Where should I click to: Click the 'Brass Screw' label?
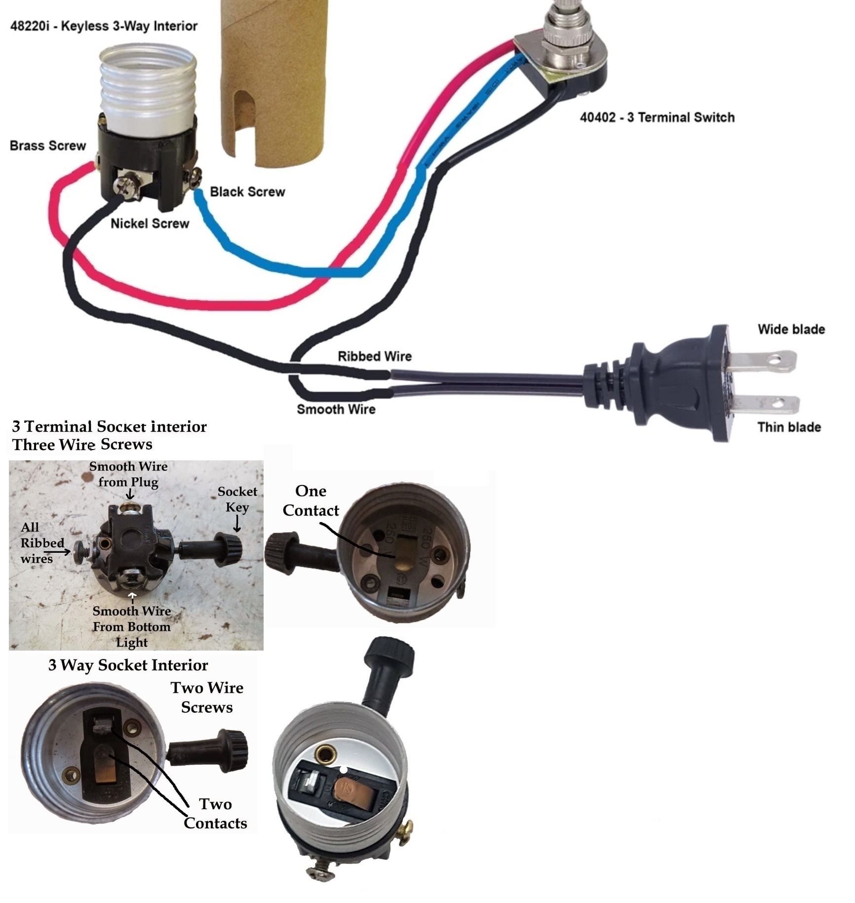(x=47, y=146)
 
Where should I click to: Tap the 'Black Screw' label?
(x=247, y=192)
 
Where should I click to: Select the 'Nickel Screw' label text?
(x=150, y=224)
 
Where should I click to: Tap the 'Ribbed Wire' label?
(x=374, y=356)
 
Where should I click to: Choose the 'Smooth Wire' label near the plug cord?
(x=336, y=409)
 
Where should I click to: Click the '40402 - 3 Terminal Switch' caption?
(x=657, y=118)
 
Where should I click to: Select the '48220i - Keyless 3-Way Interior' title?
(x=104, y=26)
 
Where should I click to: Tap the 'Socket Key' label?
(x=237, y=499)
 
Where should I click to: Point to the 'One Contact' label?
(x=311, y=500)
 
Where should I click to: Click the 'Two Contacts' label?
(x=215, y=814)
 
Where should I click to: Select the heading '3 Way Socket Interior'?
(x=128, y=665)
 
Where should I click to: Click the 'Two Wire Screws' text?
(x=207, y=698)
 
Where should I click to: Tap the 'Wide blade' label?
(x=791, y=329)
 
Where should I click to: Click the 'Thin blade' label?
(x=789, y=427)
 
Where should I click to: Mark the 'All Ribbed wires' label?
(x=39, y=543)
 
